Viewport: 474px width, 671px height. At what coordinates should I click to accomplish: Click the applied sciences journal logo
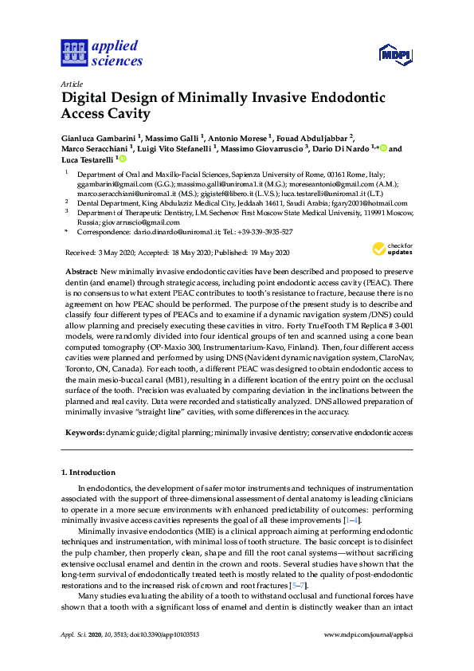(101, 53)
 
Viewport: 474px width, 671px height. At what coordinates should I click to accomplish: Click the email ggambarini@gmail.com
(114, 182)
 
